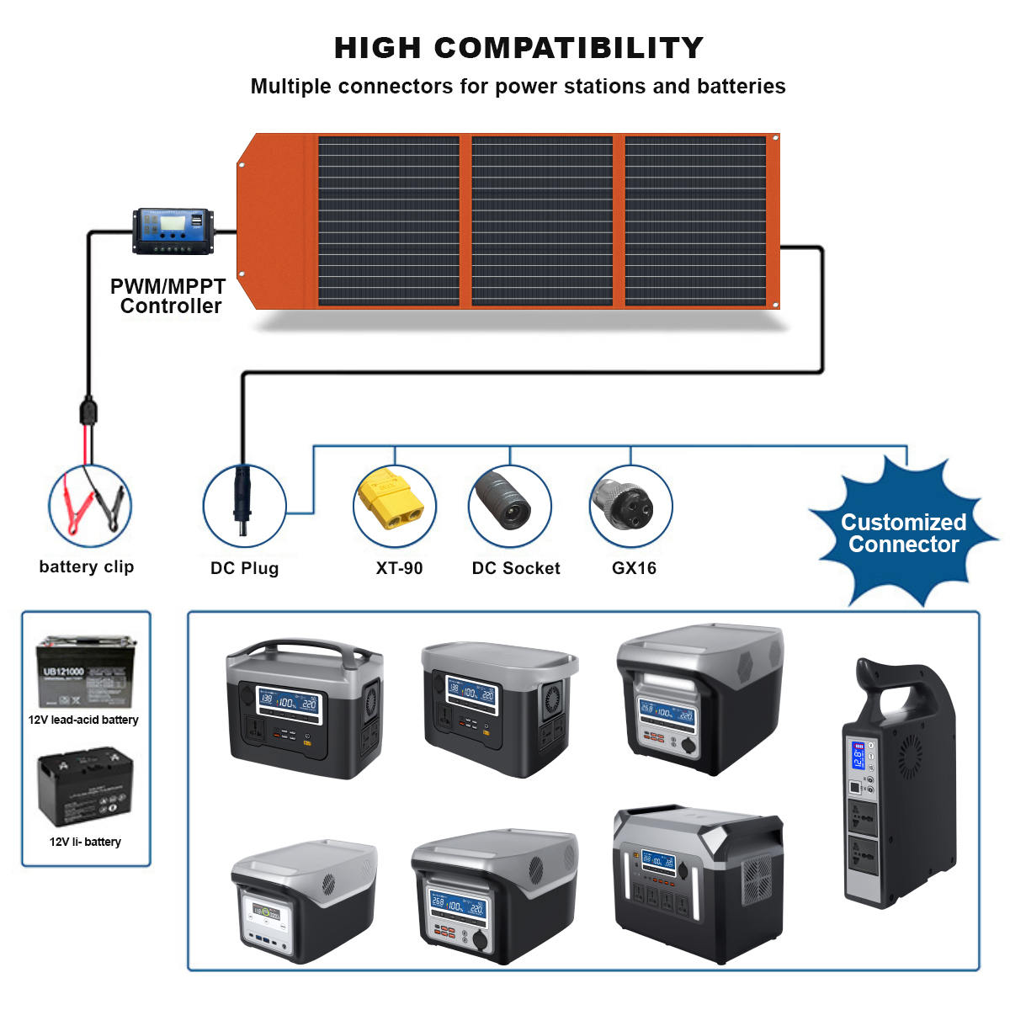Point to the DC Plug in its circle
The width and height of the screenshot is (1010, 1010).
[x=242, y=503]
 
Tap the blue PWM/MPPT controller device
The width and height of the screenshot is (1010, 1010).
[x=173, y=231]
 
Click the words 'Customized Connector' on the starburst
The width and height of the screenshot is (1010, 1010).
[x=903, y=533]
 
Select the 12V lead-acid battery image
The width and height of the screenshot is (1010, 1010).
[x=86, y=672]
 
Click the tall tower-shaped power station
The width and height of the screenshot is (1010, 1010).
[x=900, y=783]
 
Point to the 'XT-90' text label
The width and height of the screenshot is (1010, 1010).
[x=399, y=568]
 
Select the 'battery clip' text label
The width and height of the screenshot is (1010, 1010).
[x=86, y=566]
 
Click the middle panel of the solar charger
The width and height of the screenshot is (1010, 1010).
[x=542, y=221]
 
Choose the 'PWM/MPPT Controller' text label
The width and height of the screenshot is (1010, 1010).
[x=168, y=296]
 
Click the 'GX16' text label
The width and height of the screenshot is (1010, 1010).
[x=634, y=568]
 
